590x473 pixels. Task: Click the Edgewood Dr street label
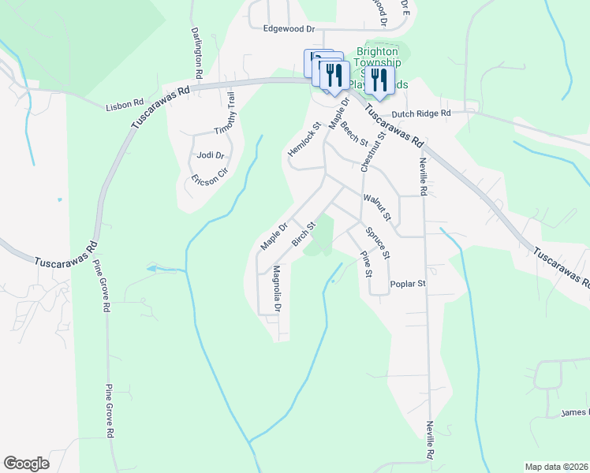click(x=289, y=29)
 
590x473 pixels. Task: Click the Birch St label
click(x=304, y=234)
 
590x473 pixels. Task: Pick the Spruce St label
click(x=379, y=244)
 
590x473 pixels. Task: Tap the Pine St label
click(x=365, y=264)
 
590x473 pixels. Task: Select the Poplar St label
click(x=408, y=284)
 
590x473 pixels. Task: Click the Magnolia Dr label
click(x=277, y=289)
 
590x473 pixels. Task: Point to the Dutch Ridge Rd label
click(x=421, y=114)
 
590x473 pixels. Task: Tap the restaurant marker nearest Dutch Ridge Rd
click(x=379, y=80)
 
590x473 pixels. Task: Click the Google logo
click(x=26, y=464)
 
